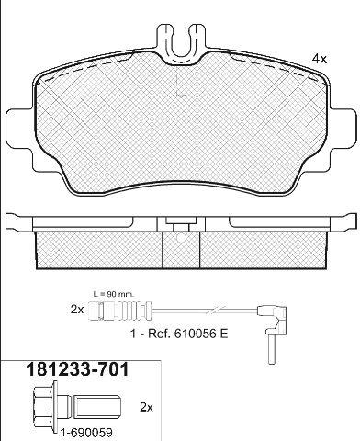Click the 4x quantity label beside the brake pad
[x=320, y=59]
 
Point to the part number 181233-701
[x=78, y=369]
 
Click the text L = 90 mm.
[x=114, y=295]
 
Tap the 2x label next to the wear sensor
[x=77, y=310]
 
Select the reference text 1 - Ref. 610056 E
[x=179, y=334]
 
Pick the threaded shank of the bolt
[x=97, y=407]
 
